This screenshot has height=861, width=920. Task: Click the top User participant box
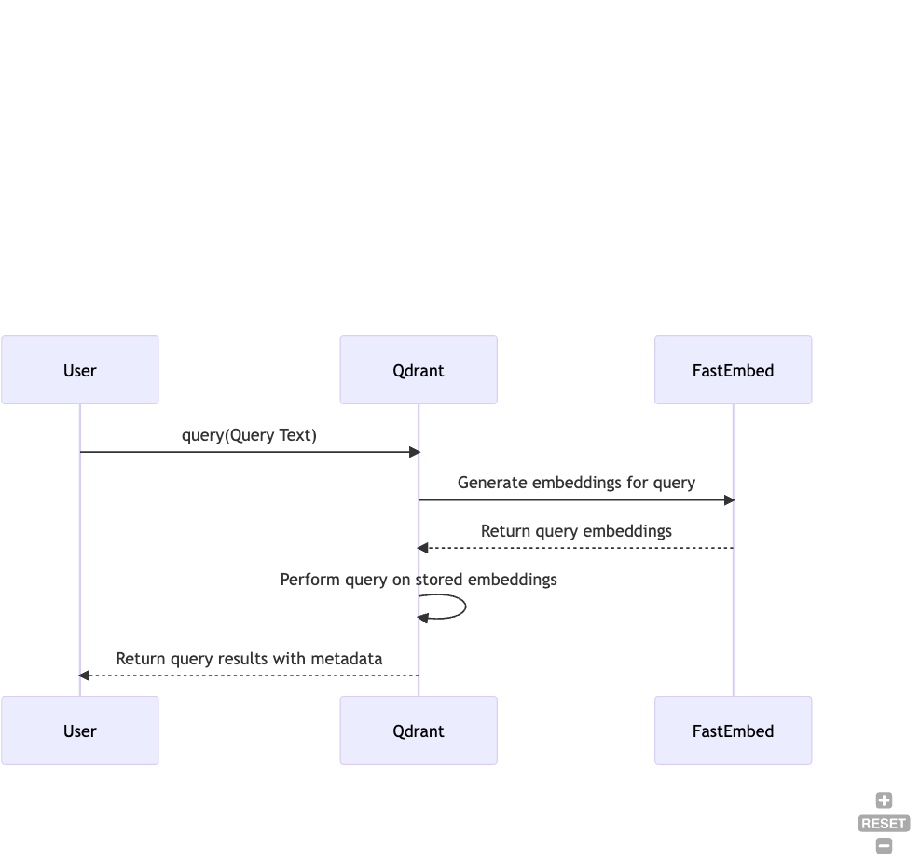pos(80,370)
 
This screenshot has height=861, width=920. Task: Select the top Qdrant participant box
pos(419,370)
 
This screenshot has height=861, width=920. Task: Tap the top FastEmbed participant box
pos(733,370)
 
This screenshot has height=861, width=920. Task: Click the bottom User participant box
pos(80,731)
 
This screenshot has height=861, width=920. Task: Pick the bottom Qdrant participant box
pos(419,731)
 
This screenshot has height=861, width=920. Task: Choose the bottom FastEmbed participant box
pos(733,731)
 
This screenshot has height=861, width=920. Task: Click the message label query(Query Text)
pos(249,435)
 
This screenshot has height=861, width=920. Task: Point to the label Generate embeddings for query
pos(576,483)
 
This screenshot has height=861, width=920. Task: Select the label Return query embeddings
pos(576,531)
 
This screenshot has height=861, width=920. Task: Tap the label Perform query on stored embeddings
pos(419,580)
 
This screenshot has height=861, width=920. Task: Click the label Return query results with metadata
pos(249,659)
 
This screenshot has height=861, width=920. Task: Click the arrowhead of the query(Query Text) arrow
pos(415,452)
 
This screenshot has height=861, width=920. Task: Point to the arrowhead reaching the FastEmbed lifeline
pos(729,500)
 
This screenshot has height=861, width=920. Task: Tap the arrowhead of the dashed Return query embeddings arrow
pos(423,548)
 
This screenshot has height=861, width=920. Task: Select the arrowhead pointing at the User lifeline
pos(85,675)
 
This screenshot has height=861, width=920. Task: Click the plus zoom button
pos(884,800)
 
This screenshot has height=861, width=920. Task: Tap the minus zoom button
pos(884,846)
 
